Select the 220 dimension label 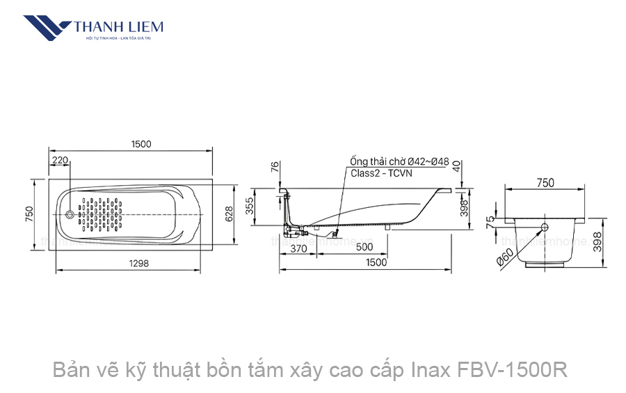61,161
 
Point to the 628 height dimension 229,214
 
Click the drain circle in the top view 70,214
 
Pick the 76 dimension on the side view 275,167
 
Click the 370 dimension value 298,248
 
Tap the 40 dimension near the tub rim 456,166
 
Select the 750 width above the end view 545,183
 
